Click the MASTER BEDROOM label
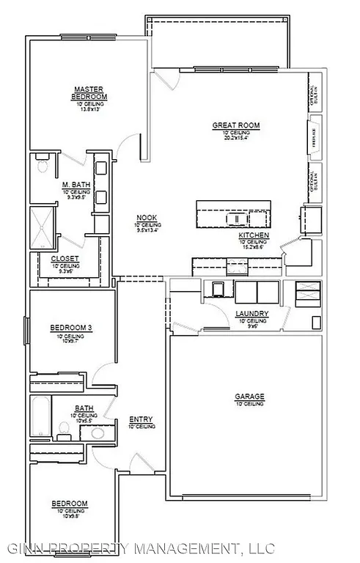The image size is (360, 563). pyautogui.click(x=89, y=93)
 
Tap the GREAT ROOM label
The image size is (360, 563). pyautogui.click(x=236, y=125)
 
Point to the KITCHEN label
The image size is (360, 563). pyautogui.click(x=254, y=235)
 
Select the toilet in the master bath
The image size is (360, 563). pyautogui.click(x=42, y=165)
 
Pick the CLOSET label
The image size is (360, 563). pyautogui.click(x=65, y=259)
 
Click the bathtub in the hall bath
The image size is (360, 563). pyautogui.click(x=40, y=416)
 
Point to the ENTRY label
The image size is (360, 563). pyautogui.click(x=141, y=419)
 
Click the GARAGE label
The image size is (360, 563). pyautogui.click(x=249, y=397)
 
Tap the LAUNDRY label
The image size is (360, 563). pyautogui.click(x=251, y=314)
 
